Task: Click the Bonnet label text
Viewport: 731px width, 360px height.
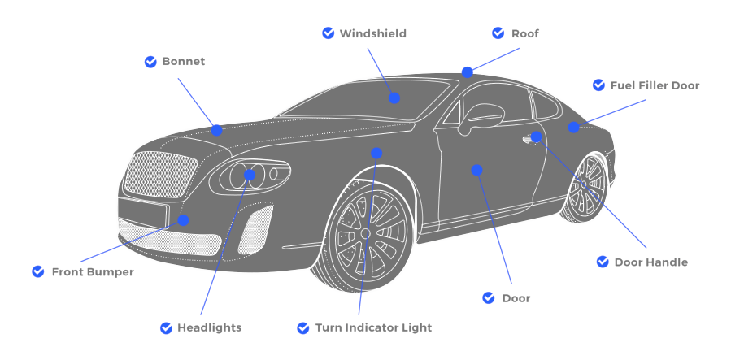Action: (183, 62)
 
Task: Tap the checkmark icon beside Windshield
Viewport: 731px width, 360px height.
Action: (329, 33)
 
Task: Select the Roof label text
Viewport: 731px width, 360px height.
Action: (525, 33)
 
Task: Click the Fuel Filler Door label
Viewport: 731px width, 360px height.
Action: (655, 85)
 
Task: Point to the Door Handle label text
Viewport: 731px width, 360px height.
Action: (651, 262)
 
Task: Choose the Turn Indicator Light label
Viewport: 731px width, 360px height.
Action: (373, 327)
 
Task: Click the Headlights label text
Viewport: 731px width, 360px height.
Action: (209, 327)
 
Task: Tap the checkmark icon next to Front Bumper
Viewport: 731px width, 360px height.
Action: (38, 271)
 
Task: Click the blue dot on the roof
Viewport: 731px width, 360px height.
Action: (467, 72)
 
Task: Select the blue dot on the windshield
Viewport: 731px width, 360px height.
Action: (394, 98)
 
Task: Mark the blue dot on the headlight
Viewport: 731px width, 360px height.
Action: (250, 175)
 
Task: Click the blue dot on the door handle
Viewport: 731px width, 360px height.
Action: (536, 137)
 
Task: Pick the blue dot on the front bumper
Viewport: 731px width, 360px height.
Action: (183, 220)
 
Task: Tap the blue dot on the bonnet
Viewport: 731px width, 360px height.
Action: (217, 130)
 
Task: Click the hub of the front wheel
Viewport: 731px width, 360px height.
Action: (365, 233)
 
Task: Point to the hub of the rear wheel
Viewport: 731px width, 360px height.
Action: (584, 184)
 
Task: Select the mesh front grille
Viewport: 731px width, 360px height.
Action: (161, 175)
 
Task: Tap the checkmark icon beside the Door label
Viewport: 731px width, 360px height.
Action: (489, 297)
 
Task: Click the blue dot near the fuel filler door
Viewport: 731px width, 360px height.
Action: (573, 127)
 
